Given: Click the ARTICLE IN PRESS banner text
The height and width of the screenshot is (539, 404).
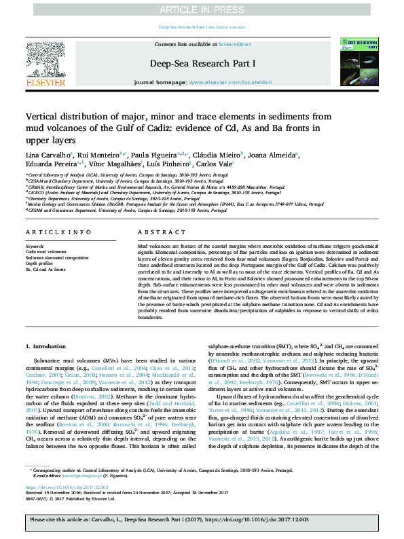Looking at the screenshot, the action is click(x=202, y=10).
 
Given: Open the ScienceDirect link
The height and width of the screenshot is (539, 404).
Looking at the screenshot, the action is click(x=234, y=44).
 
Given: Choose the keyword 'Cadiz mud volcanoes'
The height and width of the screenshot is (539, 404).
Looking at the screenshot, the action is click(x=46, y=251).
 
